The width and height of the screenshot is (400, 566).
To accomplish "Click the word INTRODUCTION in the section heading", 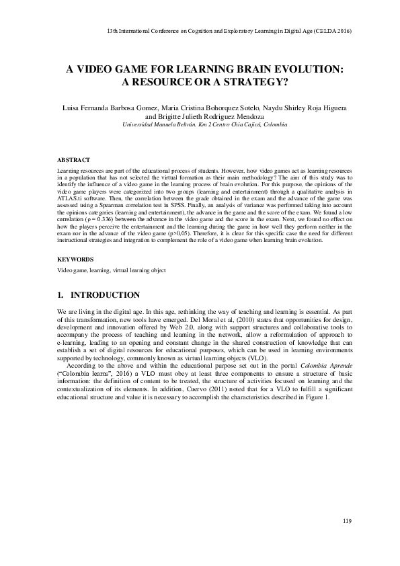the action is point(105,295).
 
